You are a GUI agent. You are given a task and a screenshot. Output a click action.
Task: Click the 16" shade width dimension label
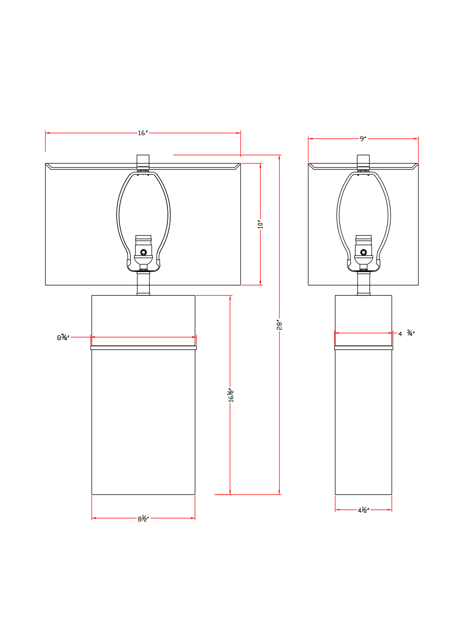(x=143, y=133)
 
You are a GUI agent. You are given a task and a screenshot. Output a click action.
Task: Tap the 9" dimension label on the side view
(x=363, y=139)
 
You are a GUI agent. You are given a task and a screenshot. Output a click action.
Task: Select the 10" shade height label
(x=260, y=224)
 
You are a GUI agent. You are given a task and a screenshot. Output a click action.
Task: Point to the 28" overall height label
(x=279, y=325)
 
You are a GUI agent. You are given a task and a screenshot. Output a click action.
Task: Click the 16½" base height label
(x=231, y=395)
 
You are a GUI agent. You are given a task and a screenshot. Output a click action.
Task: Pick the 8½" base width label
(x=143, y=519)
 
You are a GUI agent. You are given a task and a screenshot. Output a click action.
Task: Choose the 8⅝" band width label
(x=63, y=337)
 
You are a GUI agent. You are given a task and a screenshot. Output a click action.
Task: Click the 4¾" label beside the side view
(x=406, y=333)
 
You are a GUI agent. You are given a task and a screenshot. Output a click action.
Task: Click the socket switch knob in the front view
(x=143, y=252)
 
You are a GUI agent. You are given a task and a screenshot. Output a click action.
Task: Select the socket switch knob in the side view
(x=363, y=252)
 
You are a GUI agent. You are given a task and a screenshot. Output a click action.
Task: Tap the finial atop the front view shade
(x=143, y=162)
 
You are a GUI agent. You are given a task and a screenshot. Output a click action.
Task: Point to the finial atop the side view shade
(x=363, y=162)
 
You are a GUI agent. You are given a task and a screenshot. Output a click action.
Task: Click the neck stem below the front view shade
(x=143, y=283)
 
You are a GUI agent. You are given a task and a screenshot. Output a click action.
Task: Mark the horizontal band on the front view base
(x=143, y=348)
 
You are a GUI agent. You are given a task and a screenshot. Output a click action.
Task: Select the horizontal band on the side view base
(x=363, y=348)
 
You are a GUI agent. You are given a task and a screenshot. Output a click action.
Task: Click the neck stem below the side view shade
(x=363, y=283)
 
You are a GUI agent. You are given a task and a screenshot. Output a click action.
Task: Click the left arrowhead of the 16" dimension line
(x=48, y=133)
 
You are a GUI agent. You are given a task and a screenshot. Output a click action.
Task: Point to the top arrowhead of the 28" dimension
(x=279, y=157)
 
